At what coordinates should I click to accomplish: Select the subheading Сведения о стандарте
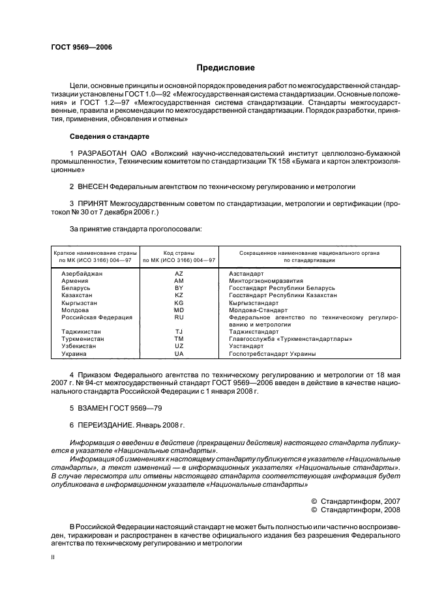(110, 137)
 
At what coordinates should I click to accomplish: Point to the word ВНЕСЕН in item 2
(94, 186)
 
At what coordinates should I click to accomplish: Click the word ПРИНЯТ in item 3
(93, 203)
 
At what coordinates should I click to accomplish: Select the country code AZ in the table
(179, 273)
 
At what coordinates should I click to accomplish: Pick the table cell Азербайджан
(82, 273)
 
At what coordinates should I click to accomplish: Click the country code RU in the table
(179, 317)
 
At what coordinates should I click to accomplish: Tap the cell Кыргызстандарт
(254, 302)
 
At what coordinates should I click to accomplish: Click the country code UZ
(179, 346)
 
